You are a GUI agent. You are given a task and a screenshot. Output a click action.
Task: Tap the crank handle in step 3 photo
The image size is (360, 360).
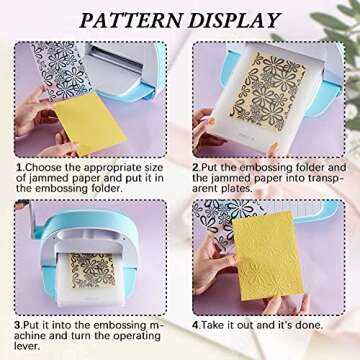pyautogui.click(x=22, y=205)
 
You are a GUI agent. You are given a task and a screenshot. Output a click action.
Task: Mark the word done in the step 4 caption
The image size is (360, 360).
pyautogui.click(x=319, y=325)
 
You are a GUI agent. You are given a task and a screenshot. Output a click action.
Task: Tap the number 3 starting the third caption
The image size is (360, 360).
pyautogui.click(x=18, y=325)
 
